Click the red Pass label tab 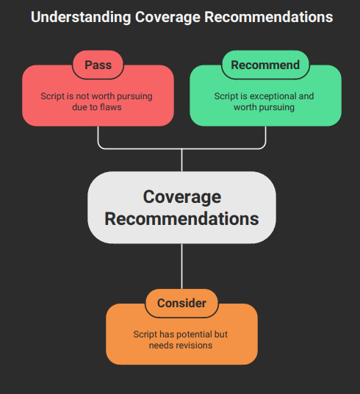[98, 65]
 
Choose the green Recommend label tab [265, 65]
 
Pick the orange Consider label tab [181, 303]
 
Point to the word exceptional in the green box [273, 96]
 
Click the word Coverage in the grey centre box [181, 196]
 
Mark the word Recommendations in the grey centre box [181, 218]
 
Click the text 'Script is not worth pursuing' [98, 96]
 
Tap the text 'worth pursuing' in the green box [264, 107]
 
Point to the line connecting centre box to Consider [181, 266]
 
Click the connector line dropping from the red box [98, 137]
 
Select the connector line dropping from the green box [265, 137]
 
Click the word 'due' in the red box [81, 107]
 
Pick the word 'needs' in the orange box [161, 345]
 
